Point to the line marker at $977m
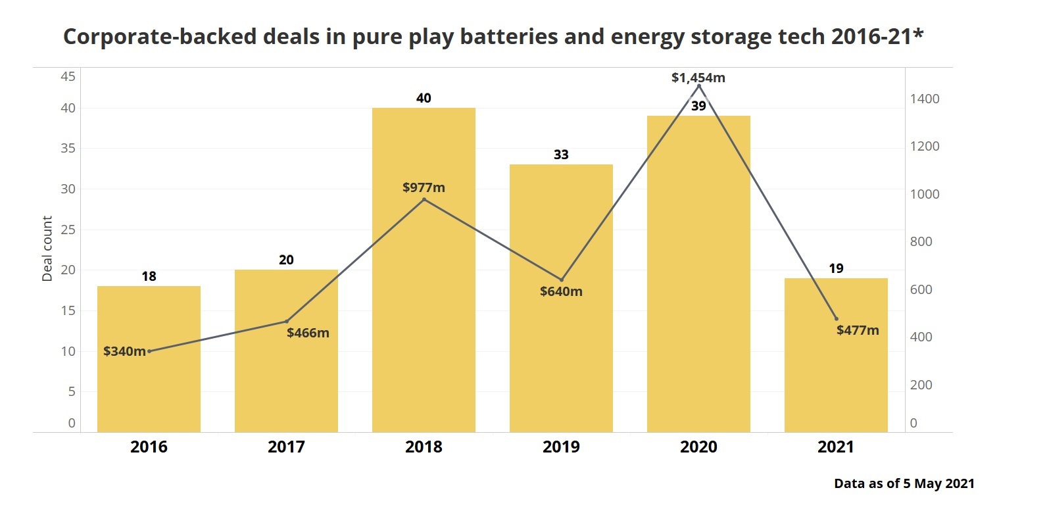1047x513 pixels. [x=424, y=199]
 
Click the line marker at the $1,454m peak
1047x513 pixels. [x=698, y=86]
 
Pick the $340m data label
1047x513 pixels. [x=124, y=351]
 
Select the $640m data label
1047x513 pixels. [x=561, y=291]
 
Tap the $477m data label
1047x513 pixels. [x=858, y=330]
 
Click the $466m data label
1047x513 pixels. [x=308, y=333]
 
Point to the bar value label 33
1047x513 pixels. [x=561, y=155]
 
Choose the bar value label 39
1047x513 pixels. [x=698, y=106]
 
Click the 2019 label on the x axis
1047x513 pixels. [x=561, y=447]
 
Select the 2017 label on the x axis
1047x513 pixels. [x=286, y=447]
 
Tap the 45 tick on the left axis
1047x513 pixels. [x=68, y=76]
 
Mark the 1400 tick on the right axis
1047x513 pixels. [x=925, y=99]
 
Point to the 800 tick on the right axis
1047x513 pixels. [x=921, y=241]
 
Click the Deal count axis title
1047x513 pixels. [x=47, y=249]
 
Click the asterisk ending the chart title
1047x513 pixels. [x=918, y=33]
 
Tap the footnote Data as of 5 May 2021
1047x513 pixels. [x=904, y=483]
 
